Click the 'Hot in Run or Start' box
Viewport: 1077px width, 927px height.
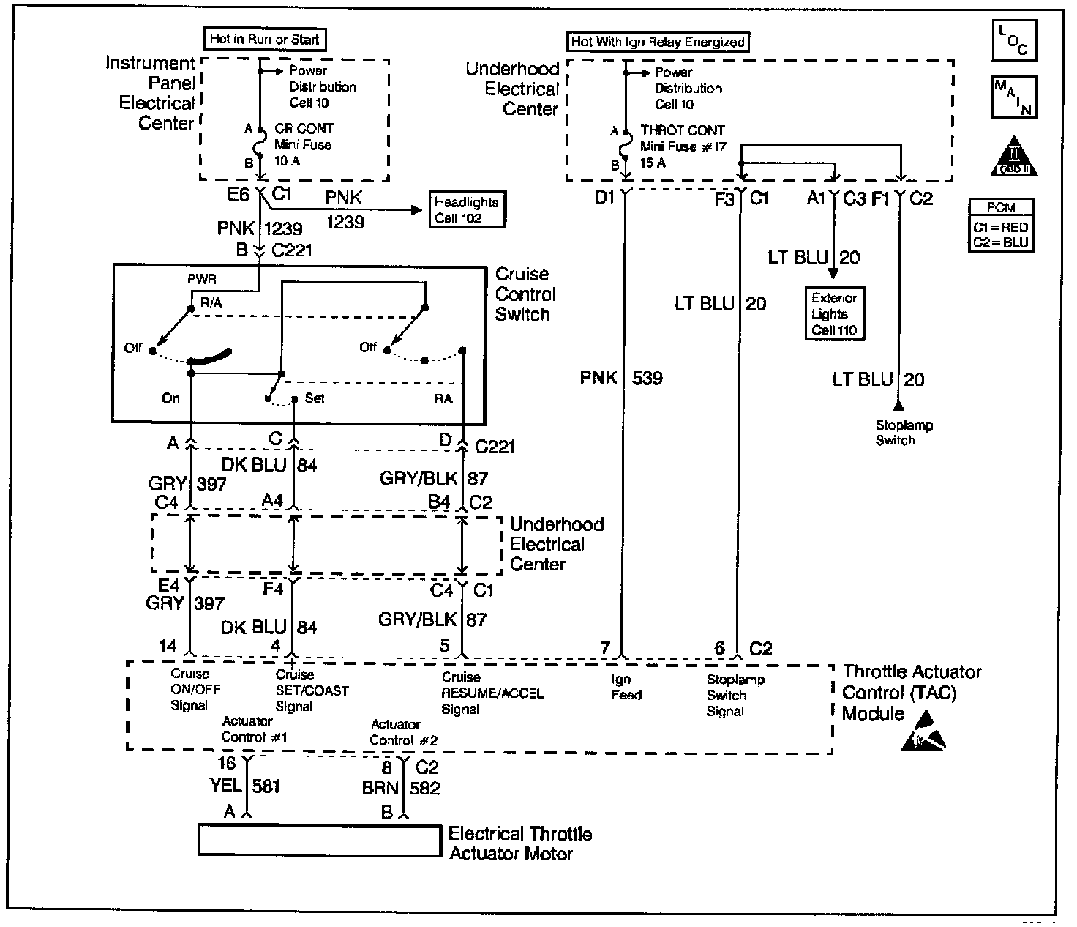pos(264,40)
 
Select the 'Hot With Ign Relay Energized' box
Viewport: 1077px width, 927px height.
pos(658,42)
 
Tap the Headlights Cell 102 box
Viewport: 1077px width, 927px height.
pos(466,210)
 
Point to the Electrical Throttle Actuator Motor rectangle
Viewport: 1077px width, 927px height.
pos(318,840)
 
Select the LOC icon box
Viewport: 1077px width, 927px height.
pos(1014,41)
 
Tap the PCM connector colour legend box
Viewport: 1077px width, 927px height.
pos(1001,226)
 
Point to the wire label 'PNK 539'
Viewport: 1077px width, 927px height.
pos(621,378)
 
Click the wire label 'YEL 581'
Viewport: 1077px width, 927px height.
pos(245,786)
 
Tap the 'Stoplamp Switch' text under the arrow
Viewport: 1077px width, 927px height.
pos(904,433)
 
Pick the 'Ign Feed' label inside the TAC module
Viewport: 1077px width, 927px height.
pos(626,688)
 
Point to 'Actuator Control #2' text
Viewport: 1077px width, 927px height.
pos(403,732)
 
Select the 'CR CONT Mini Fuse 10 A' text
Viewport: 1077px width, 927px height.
pos(304,144)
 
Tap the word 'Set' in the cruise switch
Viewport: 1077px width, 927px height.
pos(315,398)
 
